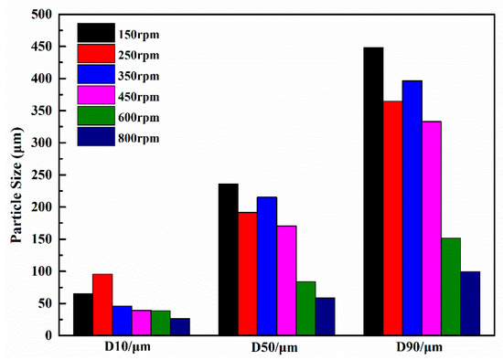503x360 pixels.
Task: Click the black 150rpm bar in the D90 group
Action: (x=373, y=191)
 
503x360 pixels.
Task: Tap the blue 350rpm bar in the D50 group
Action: (x=267, y=266)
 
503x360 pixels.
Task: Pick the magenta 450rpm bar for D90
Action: (x=433, y=228)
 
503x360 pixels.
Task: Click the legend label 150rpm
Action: (x=138, y=35)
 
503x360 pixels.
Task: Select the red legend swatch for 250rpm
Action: (x=96, y=55)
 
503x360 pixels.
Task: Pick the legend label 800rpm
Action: (x=138, y=138)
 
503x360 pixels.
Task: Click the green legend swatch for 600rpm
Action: (x=96, y=117)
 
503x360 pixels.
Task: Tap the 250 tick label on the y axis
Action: (x=39, y=175)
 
